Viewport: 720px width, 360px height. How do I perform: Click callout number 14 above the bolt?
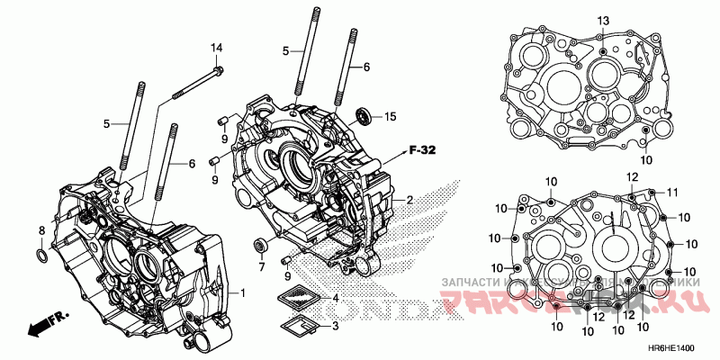pos(216,47)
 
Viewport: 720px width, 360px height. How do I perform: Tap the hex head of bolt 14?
pos(218,70)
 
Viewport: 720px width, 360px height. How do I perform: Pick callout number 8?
pos(41,231)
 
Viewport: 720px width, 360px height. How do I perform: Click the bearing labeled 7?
pos(261,245)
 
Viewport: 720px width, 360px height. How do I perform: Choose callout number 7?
pos(261,266)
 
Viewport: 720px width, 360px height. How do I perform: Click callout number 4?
pos(335,298)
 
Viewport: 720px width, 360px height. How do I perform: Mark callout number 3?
pos(335,326)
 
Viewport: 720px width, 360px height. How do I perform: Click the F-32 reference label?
pos(422,150)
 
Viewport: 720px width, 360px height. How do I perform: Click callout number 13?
pos(603,21)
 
